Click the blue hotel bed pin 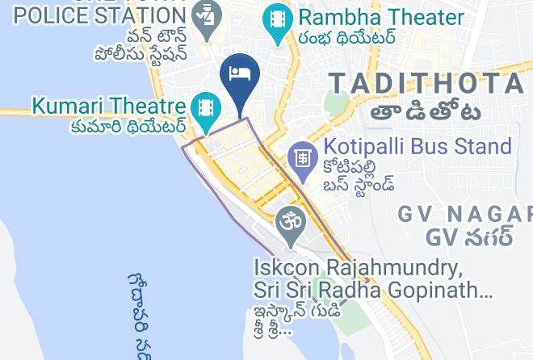(239, 74)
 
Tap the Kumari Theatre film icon (207, 107)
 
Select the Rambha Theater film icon (278, 18)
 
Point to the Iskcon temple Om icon (289, 220)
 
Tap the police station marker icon (207, 15)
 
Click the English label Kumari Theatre (109, 106)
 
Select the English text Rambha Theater (380, 17)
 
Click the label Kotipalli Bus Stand (418, 147)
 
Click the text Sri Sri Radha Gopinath (372, 289)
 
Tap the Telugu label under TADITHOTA (427, 112)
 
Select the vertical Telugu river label (138, 315)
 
